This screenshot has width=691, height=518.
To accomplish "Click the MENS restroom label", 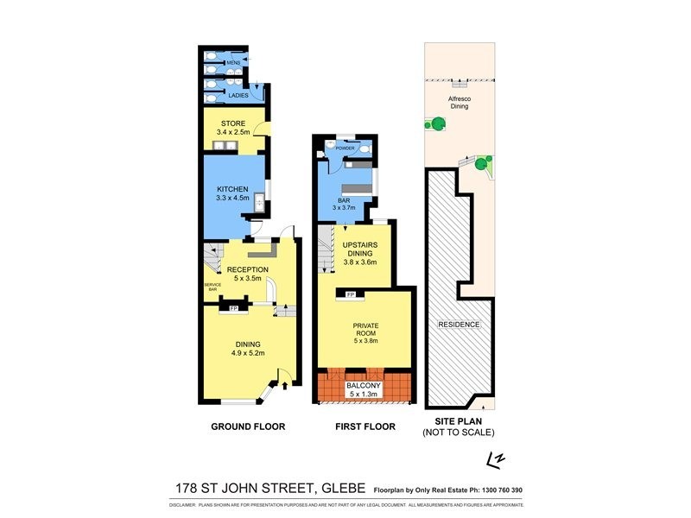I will point(232,62).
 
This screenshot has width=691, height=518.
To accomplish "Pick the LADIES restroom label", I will point(238,95).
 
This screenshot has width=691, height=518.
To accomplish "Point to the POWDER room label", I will point(345,148).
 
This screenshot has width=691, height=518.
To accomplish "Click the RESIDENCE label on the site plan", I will point(459,325).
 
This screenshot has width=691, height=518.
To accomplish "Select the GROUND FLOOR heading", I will point(249,426).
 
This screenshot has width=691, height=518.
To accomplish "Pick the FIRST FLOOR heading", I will point(365,426).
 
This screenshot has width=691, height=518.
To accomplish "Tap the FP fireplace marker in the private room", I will point(350,296).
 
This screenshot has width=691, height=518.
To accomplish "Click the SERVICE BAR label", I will point(212,287).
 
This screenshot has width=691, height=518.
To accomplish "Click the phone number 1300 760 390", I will point(497,490).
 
